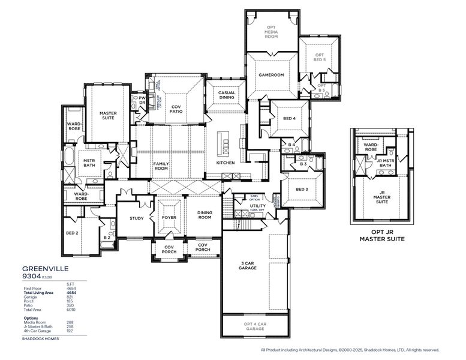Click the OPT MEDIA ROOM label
pyautogui.click(x=272, y=32)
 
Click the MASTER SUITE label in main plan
pyautogui.click(x=108, y=115)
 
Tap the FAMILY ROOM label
pyautogui.click(x=161, y=166)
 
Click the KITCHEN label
pyautogui.click(x=225, y=163)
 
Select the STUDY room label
pyautogui.click(x=137, y=218)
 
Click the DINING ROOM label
pyautogui.click(x=205, y=215)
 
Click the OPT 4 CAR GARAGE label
pyautogui.click(x=255, y=326)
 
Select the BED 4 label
pyautogui.click(x=290, y=118)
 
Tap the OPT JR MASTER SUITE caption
pyautogui.click(x=381, y=235)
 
